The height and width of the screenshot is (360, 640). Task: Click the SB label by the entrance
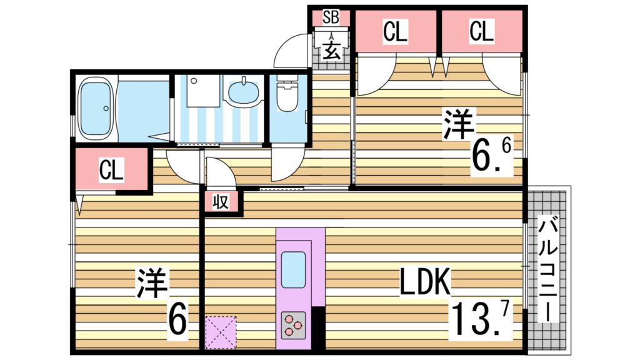click(x=331, y=17)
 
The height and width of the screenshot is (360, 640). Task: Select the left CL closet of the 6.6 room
click(x=395, y=32)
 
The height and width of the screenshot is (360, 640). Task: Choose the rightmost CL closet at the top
click(x=481, y=32)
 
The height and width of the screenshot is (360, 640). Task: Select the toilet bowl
click(x=287, y=95)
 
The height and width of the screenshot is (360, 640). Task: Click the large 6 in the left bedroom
click(x=177, y=321)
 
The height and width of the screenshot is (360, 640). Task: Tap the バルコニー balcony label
click(x=548, y=269)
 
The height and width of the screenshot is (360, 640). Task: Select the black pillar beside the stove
click(x=319, y=327)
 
